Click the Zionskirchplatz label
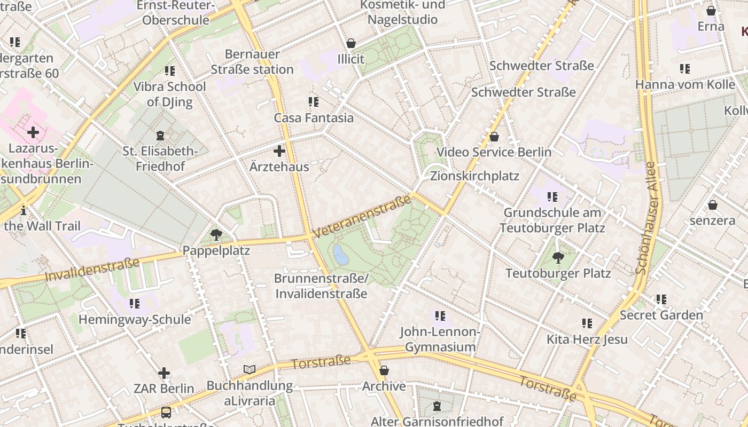point(474,176)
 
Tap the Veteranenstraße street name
point(363,217)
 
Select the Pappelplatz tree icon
point(216,234)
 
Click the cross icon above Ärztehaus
point(279,151)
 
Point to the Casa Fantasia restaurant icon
point(314,101)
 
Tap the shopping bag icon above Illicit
point(351,43)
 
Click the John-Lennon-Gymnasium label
point(440,339)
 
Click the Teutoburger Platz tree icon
point(558,258)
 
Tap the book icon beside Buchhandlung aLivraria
point(250,369)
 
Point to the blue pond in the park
point(340,255)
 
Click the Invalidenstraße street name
point(92,269)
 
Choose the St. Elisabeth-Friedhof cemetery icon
point(160,136)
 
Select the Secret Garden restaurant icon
point(661,299)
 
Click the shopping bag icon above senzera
point(712,205)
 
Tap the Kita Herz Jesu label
point(587,339)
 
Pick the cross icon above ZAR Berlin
point(164,373)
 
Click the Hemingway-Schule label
point(135,319)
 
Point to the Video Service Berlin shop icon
point(494,137)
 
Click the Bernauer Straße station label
point(252,62)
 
